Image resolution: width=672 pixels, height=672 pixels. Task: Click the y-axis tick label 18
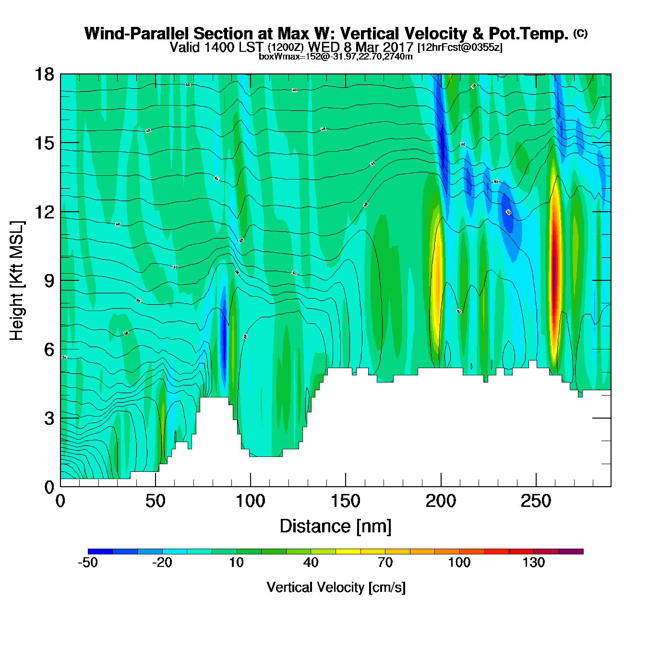pos(44,74)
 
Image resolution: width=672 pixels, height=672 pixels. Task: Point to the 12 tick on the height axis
pos(44,212)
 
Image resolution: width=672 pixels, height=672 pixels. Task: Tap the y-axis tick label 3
pos(49,418)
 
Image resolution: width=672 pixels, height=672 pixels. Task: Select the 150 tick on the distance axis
pos(345,502)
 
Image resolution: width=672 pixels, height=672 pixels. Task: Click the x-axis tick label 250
pos(536,502)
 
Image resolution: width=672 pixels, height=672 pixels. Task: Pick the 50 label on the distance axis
pos(155,502)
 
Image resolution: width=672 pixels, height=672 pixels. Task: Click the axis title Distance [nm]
pos(336,527)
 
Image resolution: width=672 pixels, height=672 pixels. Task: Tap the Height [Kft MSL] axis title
pos(17,281)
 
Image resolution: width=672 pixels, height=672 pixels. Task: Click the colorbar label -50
pos(88,563)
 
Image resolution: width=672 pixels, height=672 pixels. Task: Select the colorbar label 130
pos(534,563)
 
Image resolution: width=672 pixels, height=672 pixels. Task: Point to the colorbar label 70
pos(385,563)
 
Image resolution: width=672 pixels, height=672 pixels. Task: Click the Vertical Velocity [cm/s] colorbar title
pos(336,587)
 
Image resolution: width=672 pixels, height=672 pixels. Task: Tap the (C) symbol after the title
pos(580,33)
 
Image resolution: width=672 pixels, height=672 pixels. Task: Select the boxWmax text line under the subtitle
pos(336,56)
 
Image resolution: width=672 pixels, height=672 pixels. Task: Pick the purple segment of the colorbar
pos(571,552)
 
